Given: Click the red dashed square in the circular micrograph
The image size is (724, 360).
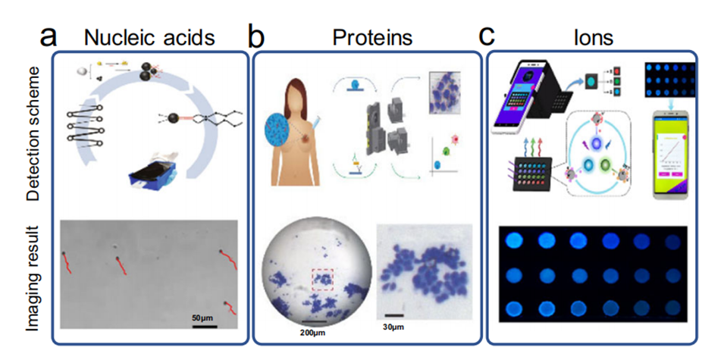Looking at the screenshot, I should (323, 280).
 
